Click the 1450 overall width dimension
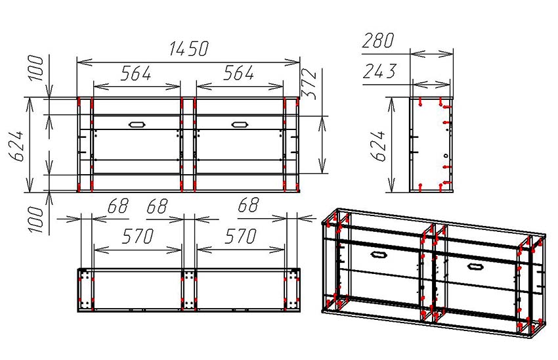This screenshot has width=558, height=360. [188, 49]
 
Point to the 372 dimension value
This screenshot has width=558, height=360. [309, 84]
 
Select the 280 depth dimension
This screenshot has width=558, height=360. [378, 41]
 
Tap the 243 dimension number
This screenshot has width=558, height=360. [379, 71]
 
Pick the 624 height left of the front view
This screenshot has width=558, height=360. [16, 146]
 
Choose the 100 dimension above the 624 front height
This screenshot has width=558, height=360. [36, 68]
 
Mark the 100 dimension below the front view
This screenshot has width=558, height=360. [36, 219]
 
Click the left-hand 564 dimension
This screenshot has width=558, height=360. [136, 73]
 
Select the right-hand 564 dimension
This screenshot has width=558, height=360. [239, 73]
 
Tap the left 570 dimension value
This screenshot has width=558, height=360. [138, 236]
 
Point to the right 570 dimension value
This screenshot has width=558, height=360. [240, 236]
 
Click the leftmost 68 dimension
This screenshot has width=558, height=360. [118, 206]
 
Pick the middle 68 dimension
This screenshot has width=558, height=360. [157, 206]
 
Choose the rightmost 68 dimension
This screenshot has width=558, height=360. [248, 205]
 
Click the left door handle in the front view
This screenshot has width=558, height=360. [136, 125]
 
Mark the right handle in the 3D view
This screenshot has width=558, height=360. [475, 266]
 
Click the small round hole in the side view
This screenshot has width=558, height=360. [446, 155]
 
